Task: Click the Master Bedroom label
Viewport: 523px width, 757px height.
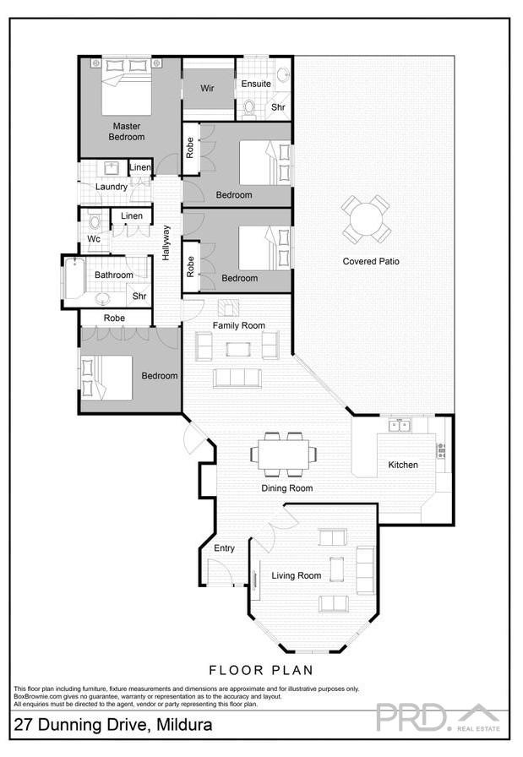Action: (x=126, y=131)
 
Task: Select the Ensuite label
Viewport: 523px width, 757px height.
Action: (x=256, y=84)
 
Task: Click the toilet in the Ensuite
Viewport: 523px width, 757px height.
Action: (x=249, y=107)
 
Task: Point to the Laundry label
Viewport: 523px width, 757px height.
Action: (x=112, y=187)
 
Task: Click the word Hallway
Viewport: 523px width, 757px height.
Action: (x=166, y=242)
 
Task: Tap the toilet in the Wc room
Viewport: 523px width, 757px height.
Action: (x=95, y=222)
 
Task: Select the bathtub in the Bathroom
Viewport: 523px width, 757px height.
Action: (x=75, y=278)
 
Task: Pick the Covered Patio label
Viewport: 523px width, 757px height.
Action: (x=371, y=261)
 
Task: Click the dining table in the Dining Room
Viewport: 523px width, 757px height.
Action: (x=283, y=455)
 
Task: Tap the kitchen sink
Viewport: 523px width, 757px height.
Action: (x=399, y=425)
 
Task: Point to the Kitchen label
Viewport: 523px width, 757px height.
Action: (x=402, y=465)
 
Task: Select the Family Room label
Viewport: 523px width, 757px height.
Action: (x=238, y=325)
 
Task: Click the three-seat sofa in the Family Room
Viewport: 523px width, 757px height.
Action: (x=237, y=378)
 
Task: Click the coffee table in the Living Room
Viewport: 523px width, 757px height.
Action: (x=336, y=569)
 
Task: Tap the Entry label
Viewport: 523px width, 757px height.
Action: (x=224, y=548)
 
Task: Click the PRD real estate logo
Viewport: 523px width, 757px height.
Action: (x=438, y=717)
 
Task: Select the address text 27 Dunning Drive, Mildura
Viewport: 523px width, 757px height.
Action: (x=112, y=725)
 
